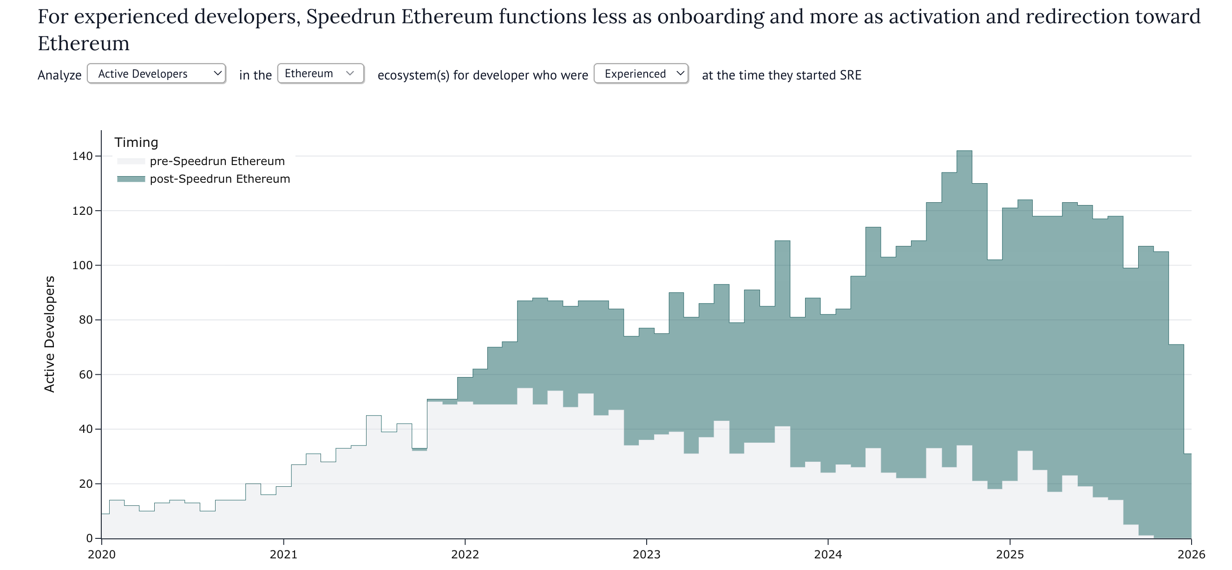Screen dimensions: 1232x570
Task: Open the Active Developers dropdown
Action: tap(157, 74)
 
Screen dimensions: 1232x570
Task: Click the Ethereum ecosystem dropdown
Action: tap(321, 74)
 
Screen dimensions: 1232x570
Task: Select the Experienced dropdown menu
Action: tap(641, 74)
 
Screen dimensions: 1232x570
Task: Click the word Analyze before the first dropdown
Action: tap(59, 76)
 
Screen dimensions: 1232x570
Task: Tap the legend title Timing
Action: tap(136, 143)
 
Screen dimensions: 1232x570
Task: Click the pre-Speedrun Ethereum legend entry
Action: tap(217, 161)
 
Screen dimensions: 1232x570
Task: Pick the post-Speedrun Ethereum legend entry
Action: tap(220, 179)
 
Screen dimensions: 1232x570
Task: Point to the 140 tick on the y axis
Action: tap(82, 156)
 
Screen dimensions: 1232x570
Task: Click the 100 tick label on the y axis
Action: tap(82, 265)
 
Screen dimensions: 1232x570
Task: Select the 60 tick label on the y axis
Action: tap(85, 375)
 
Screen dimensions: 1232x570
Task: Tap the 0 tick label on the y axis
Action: tap(90, 538)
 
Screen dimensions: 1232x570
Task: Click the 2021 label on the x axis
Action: tap(283, 555)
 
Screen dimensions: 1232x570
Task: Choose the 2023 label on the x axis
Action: tap(647, 555)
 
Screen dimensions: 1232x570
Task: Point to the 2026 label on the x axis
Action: tap(1191, 555)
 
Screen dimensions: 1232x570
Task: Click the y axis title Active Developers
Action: tap(50, 334)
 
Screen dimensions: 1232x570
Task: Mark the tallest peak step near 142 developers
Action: tap(964, 152)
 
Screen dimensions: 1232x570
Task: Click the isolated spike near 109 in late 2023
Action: tap(782, 242)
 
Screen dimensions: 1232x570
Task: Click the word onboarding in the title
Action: tap(711, 17)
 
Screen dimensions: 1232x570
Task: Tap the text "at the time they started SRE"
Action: tap(781, 76)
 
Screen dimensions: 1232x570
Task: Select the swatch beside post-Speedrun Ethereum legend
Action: tap(131, 179)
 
